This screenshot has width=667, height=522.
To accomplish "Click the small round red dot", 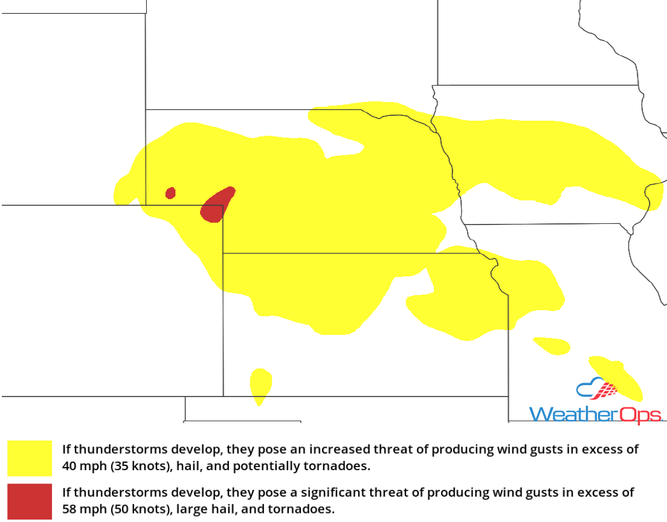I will (170, 193).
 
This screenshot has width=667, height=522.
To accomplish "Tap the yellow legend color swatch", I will (30, 458).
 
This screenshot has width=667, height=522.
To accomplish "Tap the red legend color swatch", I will (30, 501).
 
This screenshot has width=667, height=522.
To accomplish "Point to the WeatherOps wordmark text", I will (595, 415).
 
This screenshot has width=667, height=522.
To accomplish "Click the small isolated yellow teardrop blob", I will (260, 384).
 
